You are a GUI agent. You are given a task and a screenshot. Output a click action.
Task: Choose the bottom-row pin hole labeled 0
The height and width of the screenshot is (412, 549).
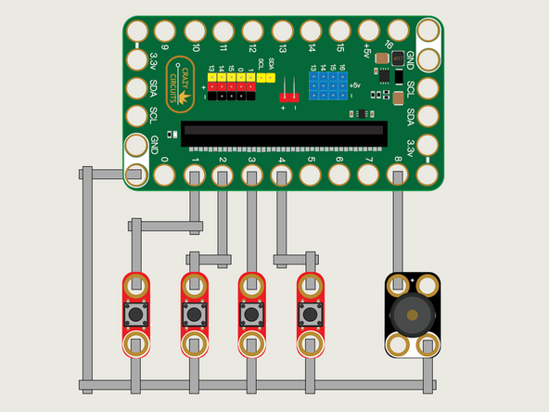tap(165, 174)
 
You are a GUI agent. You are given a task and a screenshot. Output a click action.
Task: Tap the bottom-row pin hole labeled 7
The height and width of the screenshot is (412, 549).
tap(368, 174)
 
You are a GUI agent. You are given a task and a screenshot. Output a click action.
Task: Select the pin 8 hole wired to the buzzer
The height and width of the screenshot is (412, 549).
tap(397, 174)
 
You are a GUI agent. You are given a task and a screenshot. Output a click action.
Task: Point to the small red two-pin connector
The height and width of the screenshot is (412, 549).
tap(288, 95)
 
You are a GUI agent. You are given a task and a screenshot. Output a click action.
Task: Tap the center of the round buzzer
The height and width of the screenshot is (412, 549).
tap(411, 315)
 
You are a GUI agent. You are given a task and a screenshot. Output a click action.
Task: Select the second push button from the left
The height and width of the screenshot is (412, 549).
tap(194, 315)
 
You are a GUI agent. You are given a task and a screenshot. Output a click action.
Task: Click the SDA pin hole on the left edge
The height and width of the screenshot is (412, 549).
tap(136, 88)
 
